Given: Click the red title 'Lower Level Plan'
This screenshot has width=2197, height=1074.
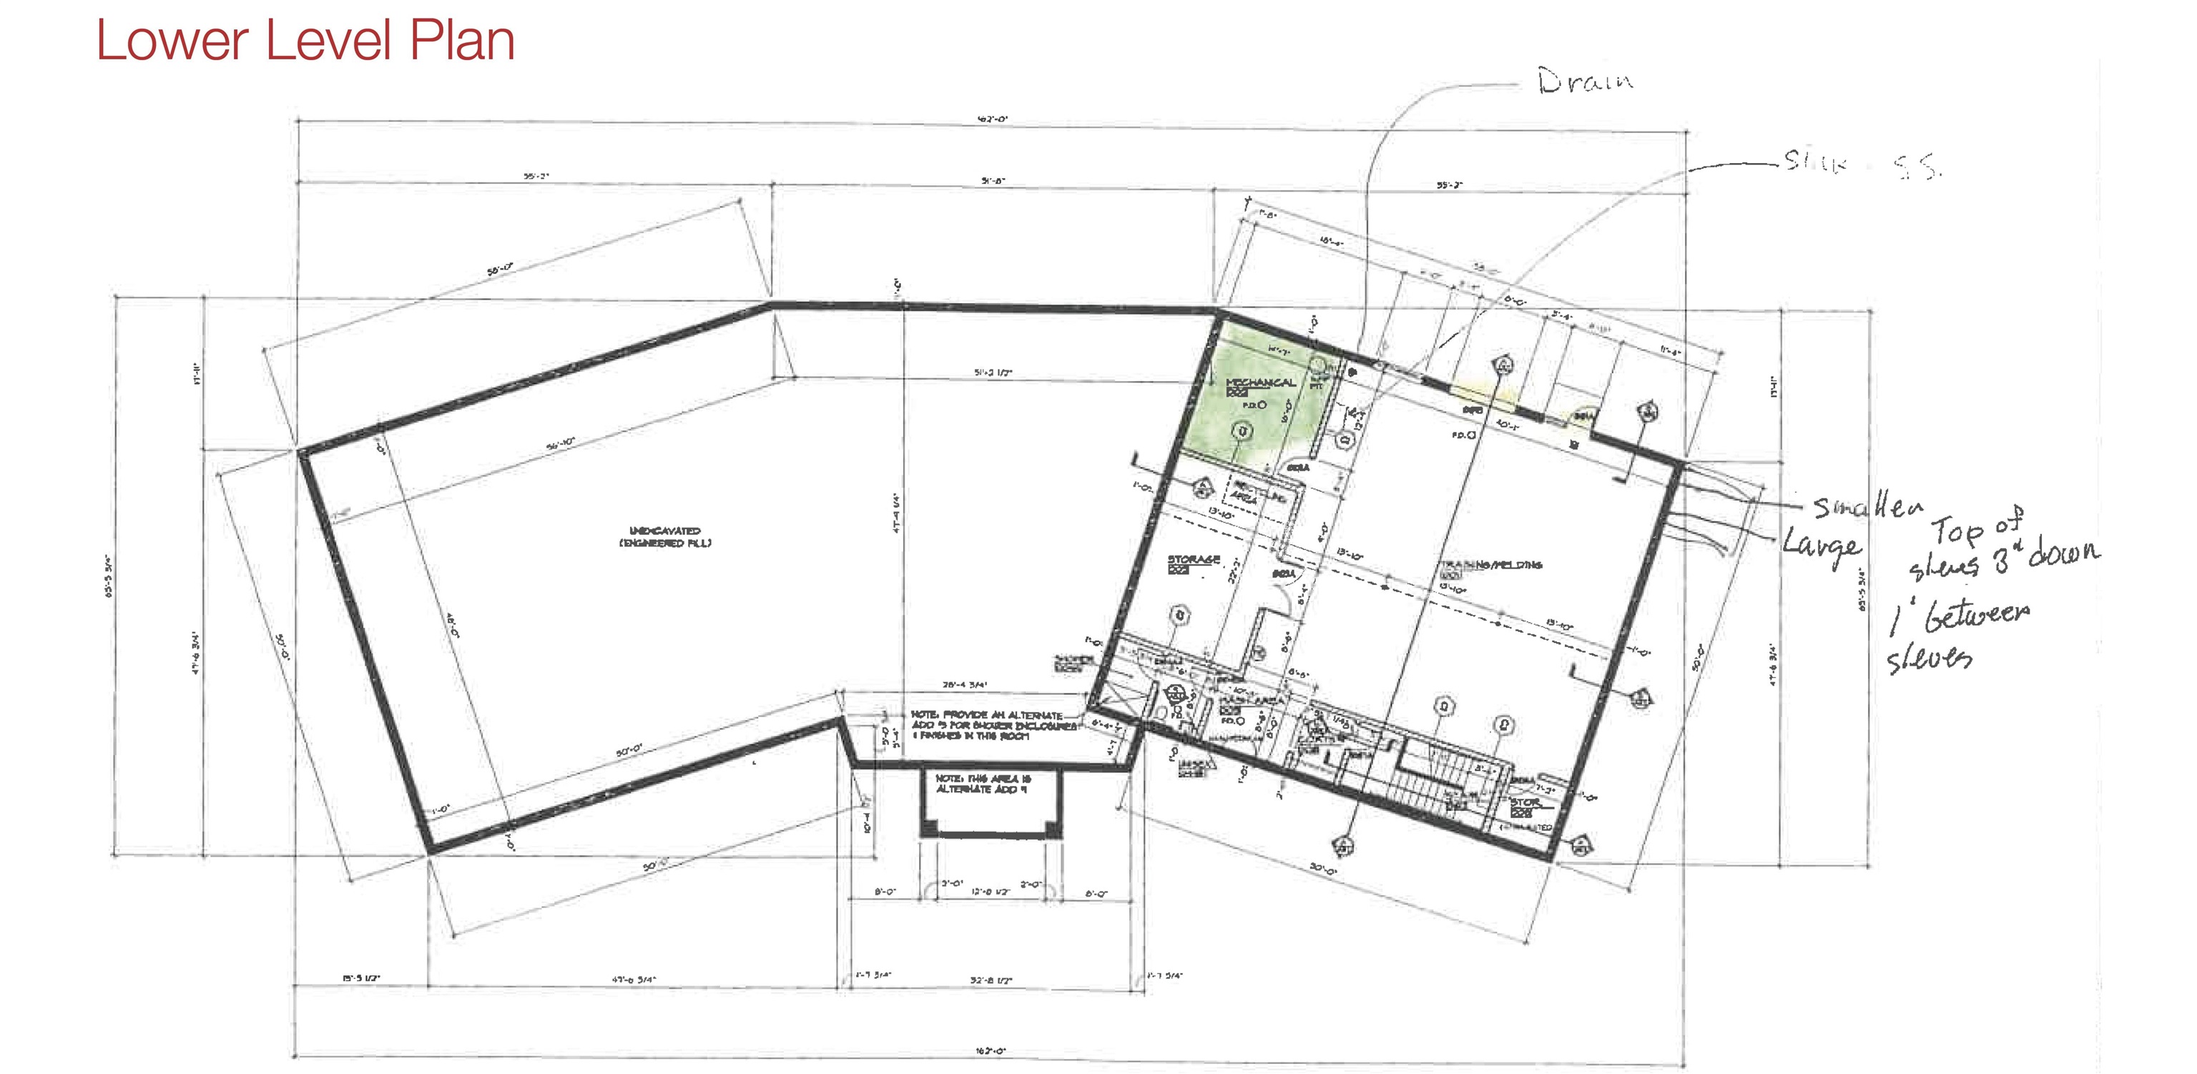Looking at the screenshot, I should [x=305, y=40].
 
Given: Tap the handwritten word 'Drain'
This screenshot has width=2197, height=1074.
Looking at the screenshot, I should [x=1585, y=81].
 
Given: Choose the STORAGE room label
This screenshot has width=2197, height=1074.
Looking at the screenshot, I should [x=1193, y=560].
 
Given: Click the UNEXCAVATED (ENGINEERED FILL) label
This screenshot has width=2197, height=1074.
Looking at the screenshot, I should [x=665, y=536].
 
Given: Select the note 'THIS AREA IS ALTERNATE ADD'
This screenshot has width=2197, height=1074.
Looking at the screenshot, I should [x=983, y=784].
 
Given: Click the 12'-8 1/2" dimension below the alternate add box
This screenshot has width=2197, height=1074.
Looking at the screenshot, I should [x=991, y=892].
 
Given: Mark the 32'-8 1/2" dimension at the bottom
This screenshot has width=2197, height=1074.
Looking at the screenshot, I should [x=991, y=980].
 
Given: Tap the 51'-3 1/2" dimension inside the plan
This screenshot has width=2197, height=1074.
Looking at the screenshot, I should [x=993, y=373].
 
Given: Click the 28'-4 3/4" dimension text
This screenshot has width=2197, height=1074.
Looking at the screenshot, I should [x=965, y=684].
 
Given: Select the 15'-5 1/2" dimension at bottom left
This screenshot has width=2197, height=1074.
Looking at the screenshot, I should [x=360, y=977].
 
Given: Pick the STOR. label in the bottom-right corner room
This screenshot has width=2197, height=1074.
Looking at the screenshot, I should [x=1525, y=803].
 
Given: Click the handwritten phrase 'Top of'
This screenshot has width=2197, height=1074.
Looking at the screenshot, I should [x=1976, y=527].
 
